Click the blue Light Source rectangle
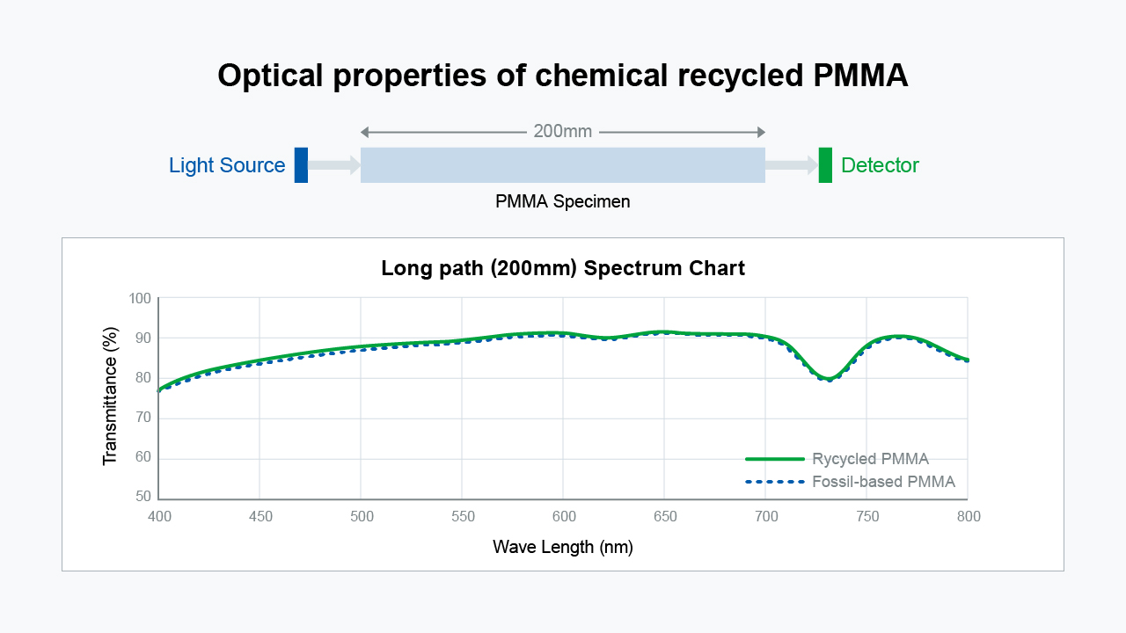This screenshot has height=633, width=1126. pyautogui.click(x=301, y=165)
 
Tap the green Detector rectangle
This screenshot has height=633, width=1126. pyautogui.click(x=825, y=165)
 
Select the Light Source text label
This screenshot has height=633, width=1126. pyautogui.click(x=227, y=165)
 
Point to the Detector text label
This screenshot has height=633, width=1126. pyautogui.click(x=880, y=165)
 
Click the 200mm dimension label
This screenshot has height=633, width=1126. pyautogui.click(x=563, y=132)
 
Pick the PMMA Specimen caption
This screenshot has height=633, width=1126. pyautogui.click(x=563, y=201)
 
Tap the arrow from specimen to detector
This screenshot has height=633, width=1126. pyautogui.click(x=792, y=165)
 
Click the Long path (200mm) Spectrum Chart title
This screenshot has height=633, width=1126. pyautogui.click(x=563, y=268)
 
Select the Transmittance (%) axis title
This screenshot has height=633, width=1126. pyautogui.click(x=110, y=398)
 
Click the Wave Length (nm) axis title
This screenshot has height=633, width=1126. pyautogui.click(x=563, y=547)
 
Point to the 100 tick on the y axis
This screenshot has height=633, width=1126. pyautogui.click(x=140, y=298)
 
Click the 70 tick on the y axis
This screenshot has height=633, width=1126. pyautogui.click(x=143, y=418)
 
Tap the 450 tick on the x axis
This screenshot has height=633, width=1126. pyautogui.click(x=260, y=517)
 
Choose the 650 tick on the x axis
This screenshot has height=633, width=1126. pyautogui.click(x=665, y=517)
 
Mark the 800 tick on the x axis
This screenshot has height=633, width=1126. pyautogui.click(x=969, y=517)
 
